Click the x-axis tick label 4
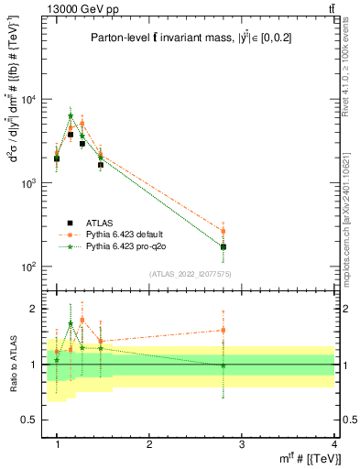[334, 444]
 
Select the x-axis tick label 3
[242, 444]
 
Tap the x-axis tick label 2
[149, 444]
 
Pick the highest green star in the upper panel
[71, 116]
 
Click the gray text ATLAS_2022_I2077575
[191, 273]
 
